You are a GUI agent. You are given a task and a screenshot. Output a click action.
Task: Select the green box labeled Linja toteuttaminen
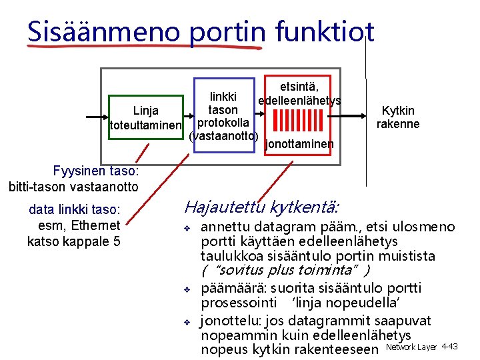point(145,117)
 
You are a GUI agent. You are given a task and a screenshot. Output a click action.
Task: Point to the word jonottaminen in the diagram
point(299,144)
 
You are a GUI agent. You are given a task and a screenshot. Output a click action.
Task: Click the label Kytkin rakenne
point(398,117)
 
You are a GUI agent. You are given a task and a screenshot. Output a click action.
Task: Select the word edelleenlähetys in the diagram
point(299,101)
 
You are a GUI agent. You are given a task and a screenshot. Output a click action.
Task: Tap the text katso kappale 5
point(74,241)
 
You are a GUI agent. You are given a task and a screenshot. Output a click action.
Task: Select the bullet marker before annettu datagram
point(188,229)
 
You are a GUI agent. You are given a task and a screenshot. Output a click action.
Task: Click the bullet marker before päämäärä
point(188,289)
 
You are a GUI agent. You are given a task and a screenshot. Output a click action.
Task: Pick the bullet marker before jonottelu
point(188,321)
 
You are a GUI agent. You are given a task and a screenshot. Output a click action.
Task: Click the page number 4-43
point(449,347)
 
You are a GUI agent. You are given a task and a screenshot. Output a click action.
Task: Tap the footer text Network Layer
point(411,347)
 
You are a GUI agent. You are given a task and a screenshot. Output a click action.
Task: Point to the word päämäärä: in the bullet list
point(230,289)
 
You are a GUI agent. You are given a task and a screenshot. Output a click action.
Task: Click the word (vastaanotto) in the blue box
point(223,136)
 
